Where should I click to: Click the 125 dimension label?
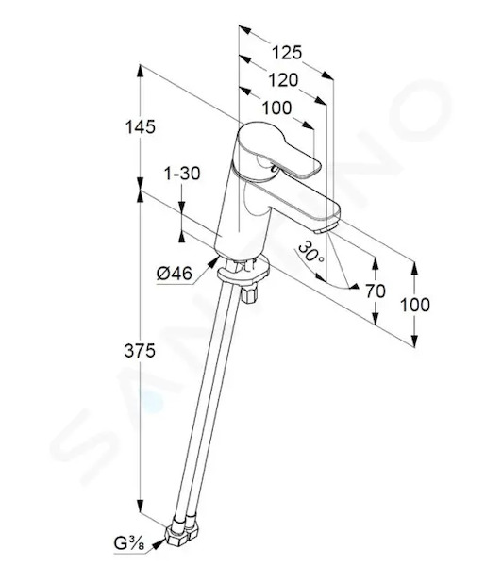[287, 53]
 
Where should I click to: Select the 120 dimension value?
[283, 80]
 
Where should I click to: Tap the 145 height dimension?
[141, 127]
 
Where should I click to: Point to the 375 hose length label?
[141, 351]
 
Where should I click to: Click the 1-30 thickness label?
[182, 174]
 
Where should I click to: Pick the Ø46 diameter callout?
[175, 274]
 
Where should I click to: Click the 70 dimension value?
[376, 291]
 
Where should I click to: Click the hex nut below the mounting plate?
[248, 295]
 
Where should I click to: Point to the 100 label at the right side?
[415, 305]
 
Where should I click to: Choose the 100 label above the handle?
[276, 108]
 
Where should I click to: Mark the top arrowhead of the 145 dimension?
[141, 71]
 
